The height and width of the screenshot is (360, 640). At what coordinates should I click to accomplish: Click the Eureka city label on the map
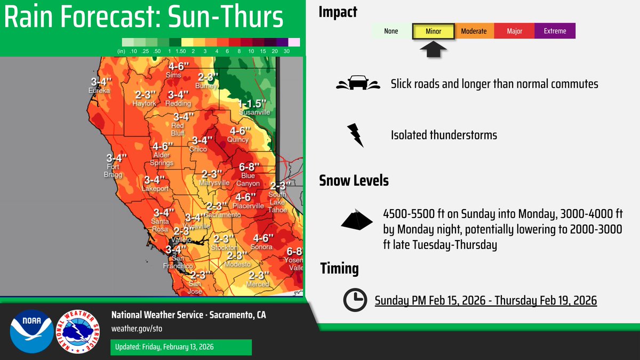point(99,91)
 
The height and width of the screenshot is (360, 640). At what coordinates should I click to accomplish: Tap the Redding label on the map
point(179,103)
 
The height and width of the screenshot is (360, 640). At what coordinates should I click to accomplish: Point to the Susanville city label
point(254,113)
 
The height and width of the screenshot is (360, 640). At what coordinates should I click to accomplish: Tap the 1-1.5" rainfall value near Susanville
point(253,103)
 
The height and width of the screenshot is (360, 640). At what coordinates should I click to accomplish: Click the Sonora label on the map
point(262,247)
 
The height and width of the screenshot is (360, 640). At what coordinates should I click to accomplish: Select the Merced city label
point(258,284)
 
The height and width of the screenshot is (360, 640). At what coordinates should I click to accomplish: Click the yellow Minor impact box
point(433,31)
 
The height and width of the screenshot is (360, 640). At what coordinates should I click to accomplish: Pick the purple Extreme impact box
point(555,31)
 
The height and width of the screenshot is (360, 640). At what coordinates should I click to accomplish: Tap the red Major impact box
point(514,31)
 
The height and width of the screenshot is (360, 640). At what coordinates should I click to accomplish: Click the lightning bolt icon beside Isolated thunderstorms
point(355,135)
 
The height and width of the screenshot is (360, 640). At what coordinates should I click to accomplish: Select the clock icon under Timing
point(354,300)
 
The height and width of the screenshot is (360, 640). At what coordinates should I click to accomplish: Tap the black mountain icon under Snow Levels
point(358,220)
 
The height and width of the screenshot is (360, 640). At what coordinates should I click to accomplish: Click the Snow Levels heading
point(354,180)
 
